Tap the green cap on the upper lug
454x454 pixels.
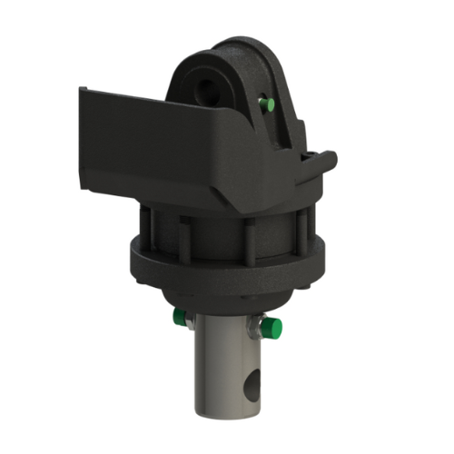[266, 104]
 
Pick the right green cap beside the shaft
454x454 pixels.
[272, 327]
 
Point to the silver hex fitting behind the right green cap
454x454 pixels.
[258, 324]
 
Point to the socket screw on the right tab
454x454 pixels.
[313, 154]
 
